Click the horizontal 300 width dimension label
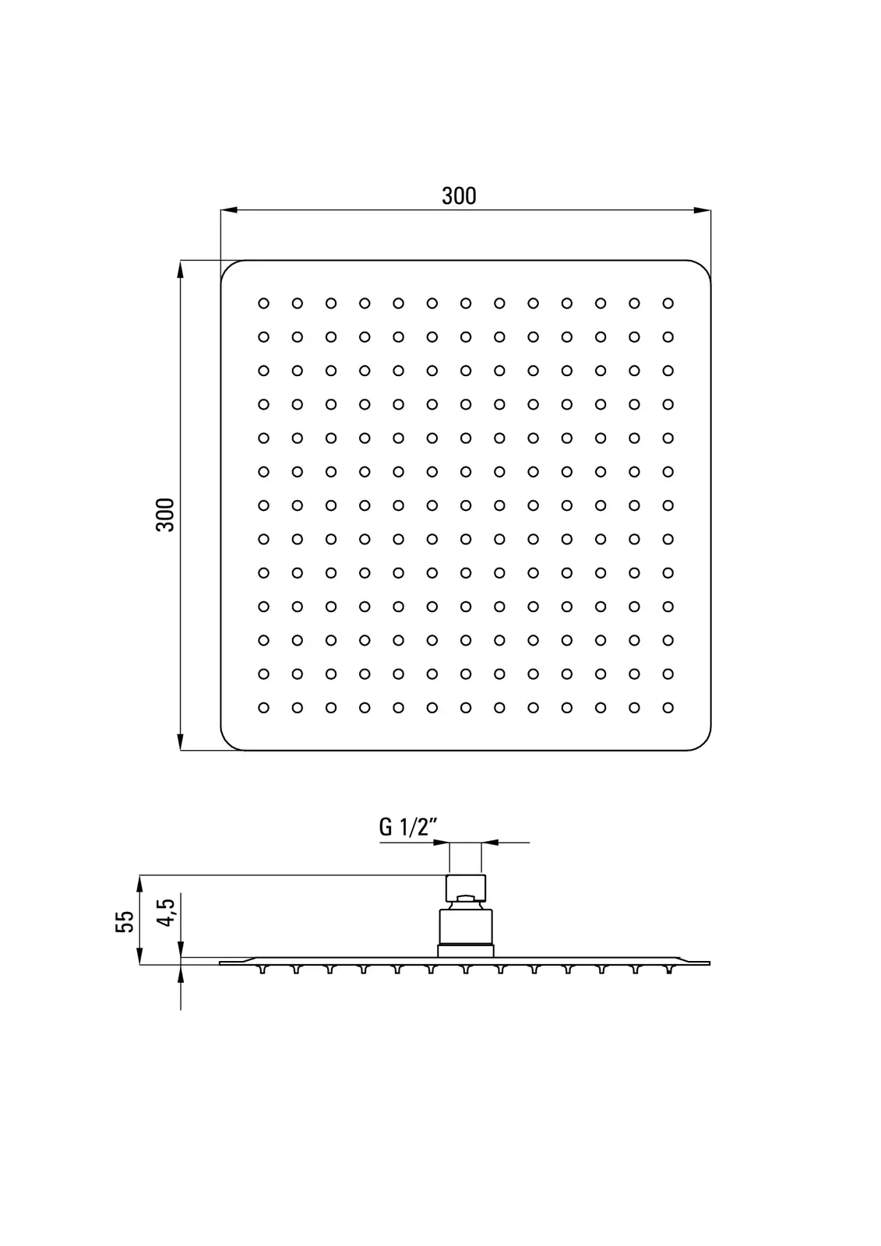459,195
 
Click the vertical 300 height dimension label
165,514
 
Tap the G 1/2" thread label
404,827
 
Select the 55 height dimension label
125,921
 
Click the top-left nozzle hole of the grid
263,303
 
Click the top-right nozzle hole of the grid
668,303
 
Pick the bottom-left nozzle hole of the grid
263,708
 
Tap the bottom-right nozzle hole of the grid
668,708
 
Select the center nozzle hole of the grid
466,505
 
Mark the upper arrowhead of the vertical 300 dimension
181,269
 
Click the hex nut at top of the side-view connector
465,887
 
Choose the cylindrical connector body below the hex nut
465,927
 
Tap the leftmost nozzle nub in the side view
263,970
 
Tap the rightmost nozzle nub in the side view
668,970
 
